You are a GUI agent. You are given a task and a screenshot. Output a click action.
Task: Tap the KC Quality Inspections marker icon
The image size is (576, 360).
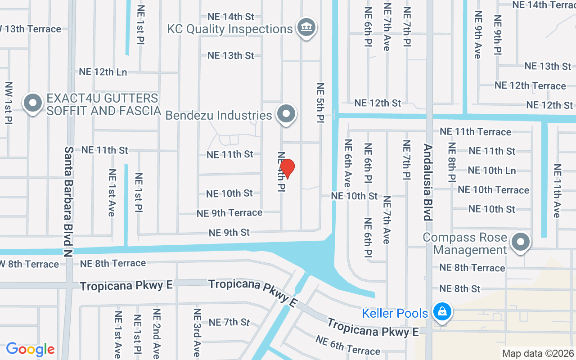point(306,27)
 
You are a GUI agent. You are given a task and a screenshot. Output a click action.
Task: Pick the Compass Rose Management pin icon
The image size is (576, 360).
point(521,242)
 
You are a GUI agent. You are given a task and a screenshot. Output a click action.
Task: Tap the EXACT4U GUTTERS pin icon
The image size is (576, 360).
point(32,103)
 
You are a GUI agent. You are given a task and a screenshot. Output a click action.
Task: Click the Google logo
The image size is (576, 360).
point(30,349)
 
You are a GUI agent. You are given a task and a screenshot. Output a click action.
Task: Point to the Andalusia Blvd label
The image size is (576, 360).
point(428,182)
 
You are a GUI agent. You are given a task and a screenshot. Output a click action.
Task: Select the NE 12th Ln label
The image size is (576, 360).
point(103,72)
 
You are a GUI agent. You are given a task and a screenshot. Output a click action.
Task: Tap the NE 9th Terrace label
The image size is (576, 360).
point(229,213)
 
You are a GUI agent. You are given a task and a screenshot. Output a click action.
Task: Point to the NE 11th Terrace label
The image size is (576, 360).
point(475,131)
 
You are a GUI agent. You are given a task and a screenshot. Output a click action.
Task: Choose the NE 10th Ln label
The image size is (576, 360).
point(491,171)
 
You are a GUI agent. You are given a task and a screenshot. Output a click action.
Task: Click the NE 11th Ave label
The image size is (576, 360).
point(557,191)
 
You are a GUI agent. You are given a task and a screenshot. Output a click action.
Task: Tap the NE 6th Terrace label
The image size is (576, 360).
point(348,345)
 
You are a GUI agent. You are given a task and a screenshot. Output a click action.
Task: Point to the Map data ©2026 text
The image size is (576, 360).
point(538,354)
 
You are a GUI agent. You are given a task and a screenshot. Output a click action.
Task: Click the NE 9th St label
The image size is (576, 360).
point(229,233)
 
